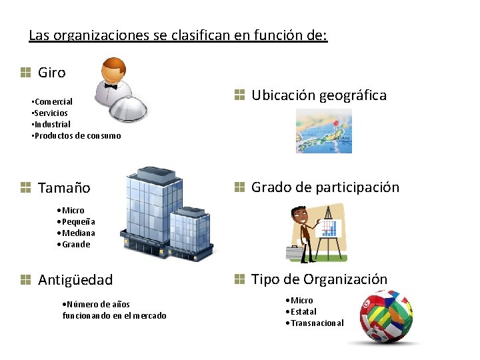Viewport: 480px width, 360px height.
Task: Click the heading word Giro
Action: (51, 72)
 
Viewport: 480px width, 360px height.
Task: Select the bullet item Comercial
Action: (53, 101)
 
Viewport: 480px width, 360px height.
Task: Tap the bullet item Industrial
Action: (51, 124)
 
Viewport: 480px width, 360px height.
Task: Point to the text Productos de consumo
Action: (77, 135)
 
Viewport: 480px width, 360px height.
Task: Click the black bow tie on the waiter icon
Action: (110, 86)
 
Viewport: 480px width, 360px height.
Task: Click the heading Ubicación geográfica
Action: (318, 95)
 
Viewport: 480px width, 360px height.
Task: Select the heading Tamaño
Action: (64, 188)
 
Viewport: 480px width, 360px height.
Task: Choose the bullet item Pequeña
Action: (78, 221)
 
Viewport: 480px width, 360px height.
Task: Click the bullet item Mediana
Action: (78, 233)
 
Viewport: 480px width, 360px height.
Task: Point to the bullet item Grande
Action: (75, 244)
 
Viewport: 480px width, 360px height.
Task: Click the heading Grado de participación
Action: (325, 187)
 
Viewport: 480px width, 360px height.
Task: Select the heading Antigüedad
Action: (75, 280)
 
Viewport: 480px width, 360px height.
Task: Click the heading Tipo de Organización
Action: (319, 279)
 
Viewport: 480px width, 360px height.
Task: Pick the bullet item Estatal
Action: (303, 311)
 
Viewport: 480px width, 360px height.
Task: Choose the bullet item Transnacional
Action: (317, 323)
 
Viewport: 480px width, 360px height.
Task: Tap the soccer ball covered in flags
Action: (383, 316)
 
